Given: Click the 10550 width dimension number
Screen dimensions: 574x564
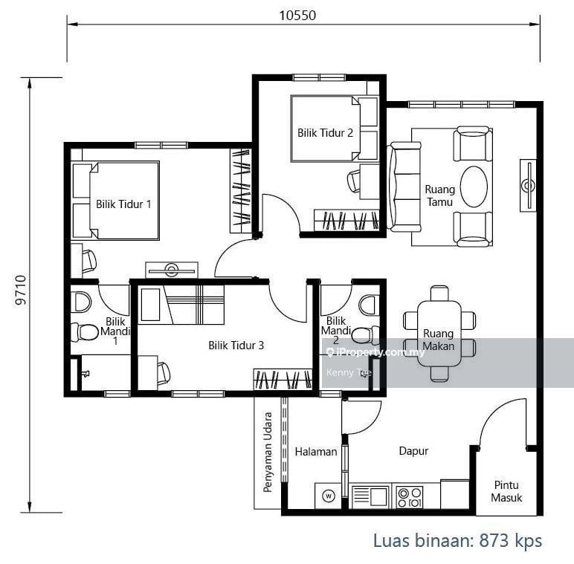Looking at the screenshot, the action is click(297, 16).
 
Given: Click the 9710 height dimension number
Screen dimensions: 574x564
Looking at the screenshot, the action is click(22, 291).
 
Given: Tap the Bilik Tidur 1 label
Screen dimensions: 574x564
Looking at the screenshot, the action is click(123, 204).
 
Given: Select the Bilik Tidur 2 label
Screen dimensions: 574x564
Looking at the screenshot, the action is click(325, 132).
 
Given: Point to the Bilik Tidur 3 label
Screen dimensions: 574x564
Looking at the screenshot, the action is click(236, 345).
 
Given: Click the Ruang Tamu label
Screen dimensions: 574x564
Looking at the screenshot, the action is click(440, 195).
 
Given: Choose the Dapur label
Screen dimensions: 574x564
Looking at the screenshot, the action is click(413, 451).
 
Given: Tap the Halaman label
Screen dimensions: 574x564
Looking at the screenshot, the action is click(316, 452).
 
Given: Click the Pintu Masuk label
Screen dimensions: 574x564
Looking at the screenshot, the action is click(506, 491).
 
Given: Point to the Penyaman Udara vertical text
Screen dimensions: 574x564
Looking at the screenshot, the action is click(268, 452).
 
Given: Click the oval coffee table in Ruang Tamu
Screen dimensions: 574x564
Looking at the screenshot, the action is click(474, 187).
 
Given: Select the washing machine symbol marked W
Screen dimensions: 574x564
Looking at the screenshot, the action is click(329, 496).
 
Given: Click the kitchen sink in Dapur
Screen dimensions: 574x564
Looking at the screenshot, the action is click(370, 496).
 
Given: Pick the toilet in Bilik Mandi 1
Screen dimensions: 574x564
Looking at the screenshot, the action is click(83, 332).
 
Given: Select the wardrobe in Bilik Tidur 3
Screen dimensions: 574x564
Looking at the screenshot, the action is click(283, 379).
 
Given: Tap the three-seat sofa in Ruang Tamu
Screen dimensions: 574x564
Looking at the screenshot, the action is click(404, 187).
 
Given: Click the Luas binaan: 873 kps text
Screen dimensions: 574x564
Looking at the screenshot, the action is click(457, 540).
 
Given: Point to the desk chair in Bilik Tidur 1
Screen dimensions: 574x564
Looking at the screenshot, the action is click(89, 261).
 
